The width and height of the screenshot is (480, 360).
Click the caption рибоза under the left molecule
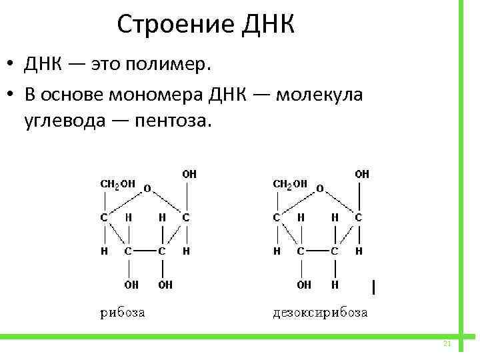click(123, 312)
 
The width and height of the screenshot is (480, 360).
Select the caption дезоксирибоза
click(320, 312)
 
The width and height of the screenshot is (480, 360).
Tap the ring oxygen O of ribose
click(147, 189)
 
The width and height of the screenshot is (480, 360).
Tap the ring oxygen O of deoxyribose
click(319, 189)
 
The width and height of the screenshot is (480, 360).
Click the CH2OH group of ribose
click(117, 183)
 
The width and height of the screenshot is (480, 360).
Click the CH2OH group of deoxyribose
click(291, 183)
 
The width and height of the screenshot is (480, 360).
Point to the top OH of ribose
click(189, 173)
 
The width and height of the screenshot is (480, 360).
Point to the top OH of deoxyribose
click(362, 173)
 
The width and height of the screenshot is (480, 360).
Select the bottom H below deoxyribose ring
click(335, 285)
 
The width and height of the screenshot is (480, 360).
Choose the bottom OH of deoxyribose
click(304, 285)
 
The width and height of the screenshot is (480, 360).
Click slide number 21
click(447, 344)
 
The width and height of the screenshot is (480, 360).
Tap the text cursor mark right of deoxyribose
click(374, 287)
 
